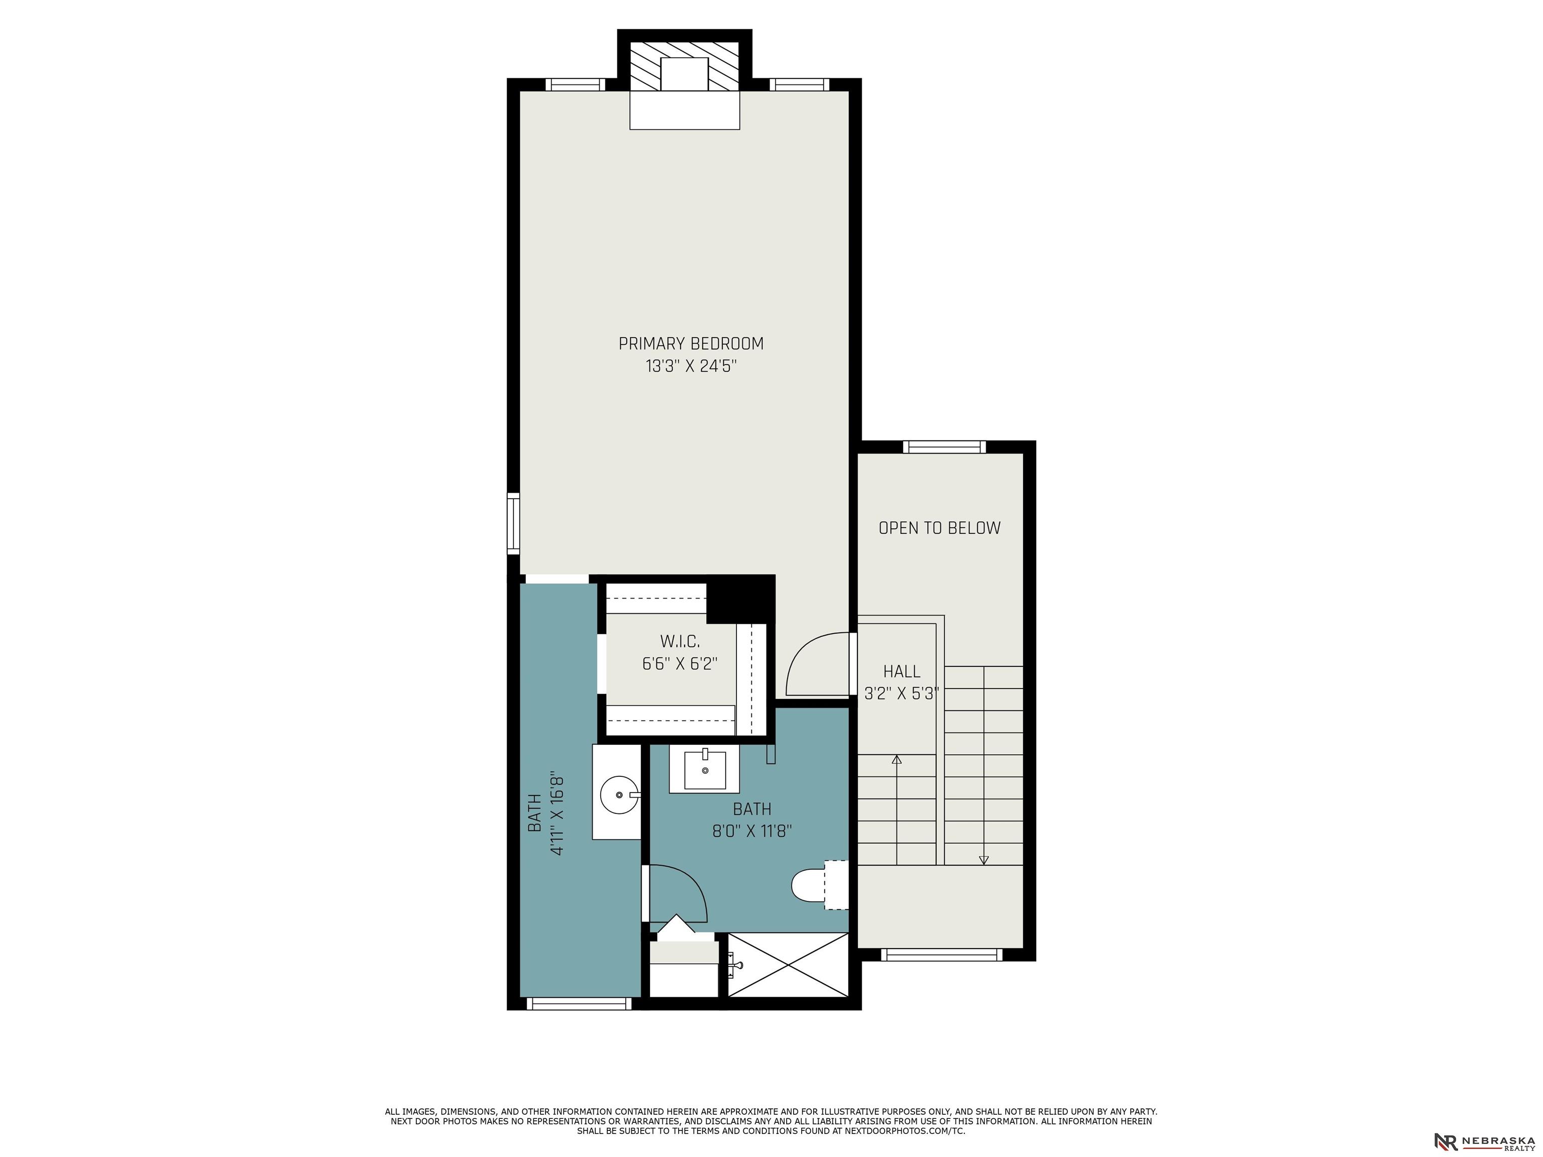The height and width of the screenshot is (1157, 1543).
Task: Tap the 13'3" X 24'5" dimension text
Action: (x=691, y=366)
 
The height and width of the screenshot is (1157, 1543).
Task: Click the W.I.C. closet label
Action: (x=680, y=641)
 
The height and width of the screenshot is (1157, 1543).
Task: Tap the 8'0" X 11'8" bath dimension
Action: (x=752, y=831)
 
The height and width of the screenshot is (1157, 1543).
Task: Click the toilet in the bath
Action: (x=820, y=885)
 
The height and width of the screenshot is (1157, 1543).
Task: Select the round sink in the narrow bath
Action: (x=619, y=794)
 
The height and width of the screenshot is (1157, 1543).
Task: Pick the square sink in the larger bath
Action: (x=705, y=769)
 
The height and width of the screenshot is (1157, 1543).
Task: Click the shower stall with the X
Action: (x=788, y=965)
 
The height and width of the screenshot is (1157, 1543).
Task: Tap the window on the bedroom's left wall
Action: (x=513, y=523)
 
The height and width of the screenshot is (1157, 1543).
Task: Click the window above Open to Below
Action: (x=944, y=447)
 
